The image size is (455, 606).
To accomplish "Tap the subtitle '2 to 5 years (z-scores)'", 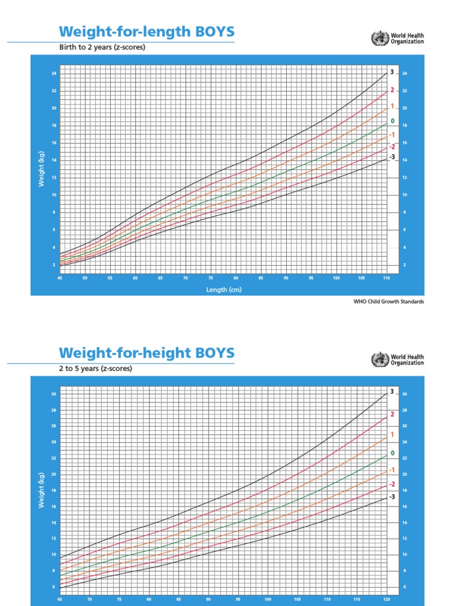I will click(x=95, y=368).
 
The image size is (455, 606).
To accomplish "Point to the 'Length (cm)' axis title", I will click(x=224, y=289).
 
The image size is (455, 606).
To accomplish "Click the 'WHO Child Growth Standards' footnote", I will click(x=389, y=301).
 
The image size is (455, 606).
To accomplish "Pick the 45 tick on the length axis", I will click(x=60, y=278).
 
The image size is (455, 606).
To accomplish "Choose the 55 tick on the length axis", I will click(x=110, y=278).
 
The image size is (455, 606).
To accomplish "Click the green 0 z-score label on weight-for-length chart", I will click(x=392, y=121).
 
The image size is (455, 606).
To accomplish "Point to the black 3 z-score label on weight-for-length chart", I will click(x=392, y=72).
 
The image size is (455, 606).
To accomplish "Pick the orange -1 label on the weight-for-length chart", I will click(x=392, y=135).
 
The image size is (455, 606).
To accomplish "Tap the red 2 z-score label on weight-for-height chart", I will click(x=392, y=414).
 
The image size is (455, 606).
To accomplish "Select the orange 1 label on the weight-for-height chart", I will click(x=392, y=434).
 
